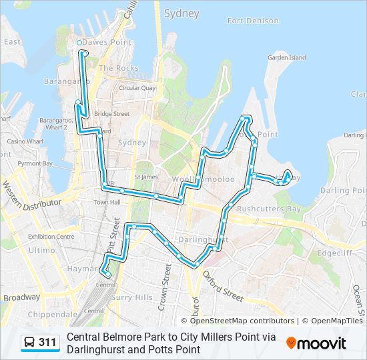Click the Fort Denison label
click(253, 21)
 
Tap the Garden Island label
click(286, 58)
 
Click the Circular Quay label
click(137, 87)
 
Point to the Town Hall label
click(106, 202)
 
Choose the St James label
click(146, 177)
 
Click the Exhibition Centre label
click(51, 236)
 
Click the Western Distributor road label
click(30, 194)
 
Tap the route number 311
click(47, 342)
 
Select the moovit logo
click(316, 343)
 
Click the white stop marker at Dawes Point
click(79, 43)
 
